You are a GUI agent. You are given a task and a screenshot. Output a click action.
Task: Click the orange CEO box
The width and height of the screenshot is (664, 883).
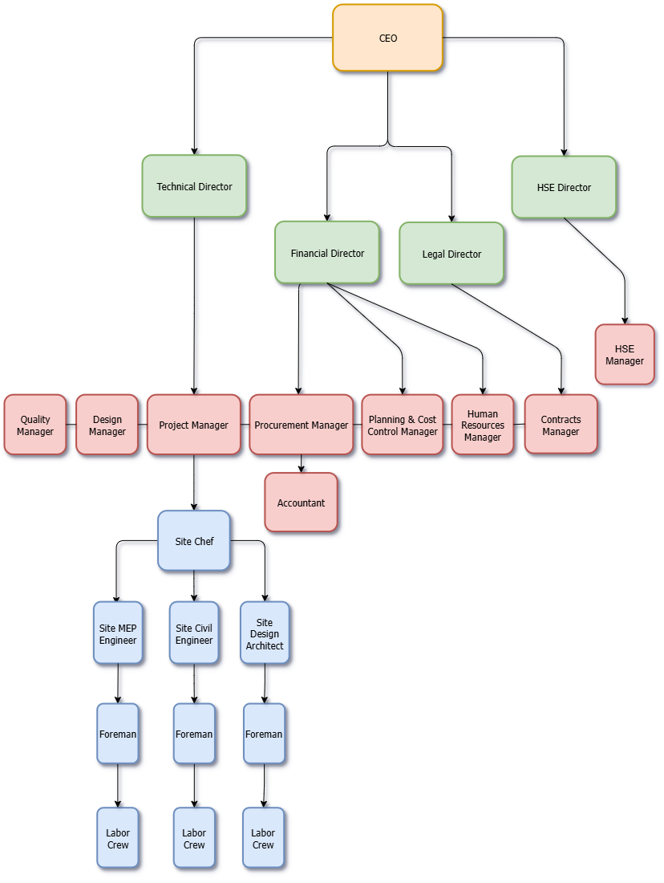click(x=387, y=38)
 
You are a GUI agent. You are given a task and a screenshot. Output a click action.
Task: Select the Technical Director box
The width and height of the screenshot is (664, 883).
click(x=194, y=186)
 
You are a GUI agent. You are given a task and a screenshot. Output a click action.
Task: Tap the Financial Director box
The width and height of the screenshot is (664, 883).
click(x=327, y=253)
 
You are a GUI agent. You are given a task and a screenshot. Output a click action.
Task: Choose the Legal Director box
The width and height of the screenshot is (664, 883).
click(x=451, y=254)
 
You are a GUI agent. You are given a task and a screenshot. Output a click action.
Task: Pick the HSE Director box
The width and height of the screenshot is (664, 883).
click(x=564, y=187)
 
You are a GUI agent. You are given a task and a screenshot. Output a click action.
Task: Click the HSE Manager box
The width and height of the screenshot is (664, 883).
click(x=625, y=355)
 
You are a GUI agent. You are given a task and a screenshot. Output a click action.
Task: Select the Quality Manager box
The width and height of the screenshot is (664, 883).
click(x=35, y=425)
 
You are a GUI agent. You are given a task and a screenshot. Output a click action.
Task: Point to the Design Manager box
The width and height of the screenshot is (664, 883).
click(x=107, y=425)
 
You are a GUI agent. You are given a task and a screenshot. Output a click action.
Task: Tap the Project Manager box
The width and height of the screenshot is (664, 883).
click(x=193, y=425)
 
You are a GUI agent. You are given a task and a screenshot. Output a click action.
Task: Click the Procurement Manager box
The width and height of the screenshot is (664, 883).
click(x=302, y=425)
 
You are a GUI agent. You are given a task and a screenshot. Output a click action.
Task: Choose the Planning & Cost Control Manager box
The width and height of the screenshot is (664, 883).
click(x=403, y=425)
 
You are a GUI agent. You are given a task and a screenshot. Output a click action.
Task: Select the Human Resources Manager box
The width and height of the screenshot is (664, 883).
click(x=483, y=425)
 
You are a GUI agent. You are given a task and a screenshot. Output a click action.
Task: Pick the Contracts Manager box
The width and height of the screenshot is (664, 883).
click(x=561, y=425)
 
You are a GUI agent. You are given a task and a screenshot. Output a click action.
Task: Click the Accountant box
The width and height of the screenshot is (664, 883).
click(x=302, y=503)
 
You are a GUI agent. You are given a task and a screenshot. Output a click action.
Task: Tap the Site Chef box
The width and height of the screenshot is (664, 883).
click(x=194, y=541)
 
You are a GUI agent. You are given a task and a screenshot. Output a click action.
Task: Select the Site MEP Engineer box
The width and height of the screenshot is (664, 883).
click(x=118, y=633)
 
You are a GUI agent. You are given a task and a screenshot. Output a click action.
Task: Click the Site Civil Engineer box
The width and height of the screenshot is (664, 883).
click(x=194, y=633)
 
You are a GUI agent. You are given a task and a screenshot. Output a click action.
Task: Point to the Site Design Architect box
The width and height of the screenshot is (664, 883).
click(x=265, y=633)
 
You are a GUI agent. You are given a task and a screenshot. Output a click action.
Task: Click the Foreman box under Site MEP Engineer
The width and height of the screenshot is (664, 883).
click(x=118, y=734)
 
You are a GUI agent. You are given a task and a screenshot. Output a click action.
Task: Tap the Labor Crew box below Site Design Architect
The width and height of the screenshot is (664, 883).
click(x=263, y=838)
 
